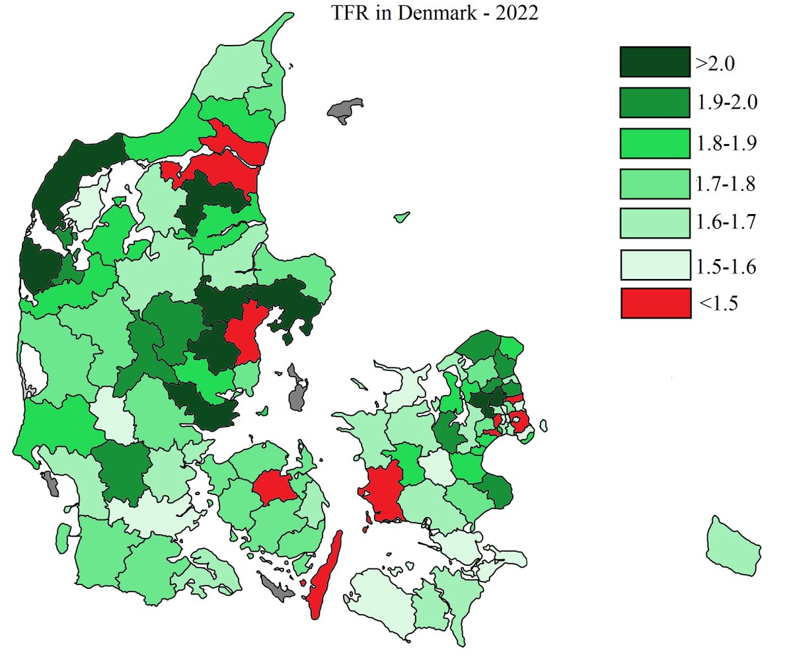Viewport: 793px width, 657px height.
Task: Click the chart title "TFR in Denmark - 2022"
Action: tap(435, 14)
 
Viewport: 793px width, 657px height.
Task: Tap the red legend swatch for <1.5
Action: tap(656, 303)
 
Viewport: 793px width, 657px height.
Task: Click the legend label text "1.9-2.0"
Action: tap(726, 102)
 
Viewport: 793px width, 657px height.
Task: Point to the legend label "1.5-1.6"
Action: tap(726, 266)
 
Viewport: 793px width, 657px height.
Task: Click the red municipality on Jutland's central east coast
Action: tap(246, 330)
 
